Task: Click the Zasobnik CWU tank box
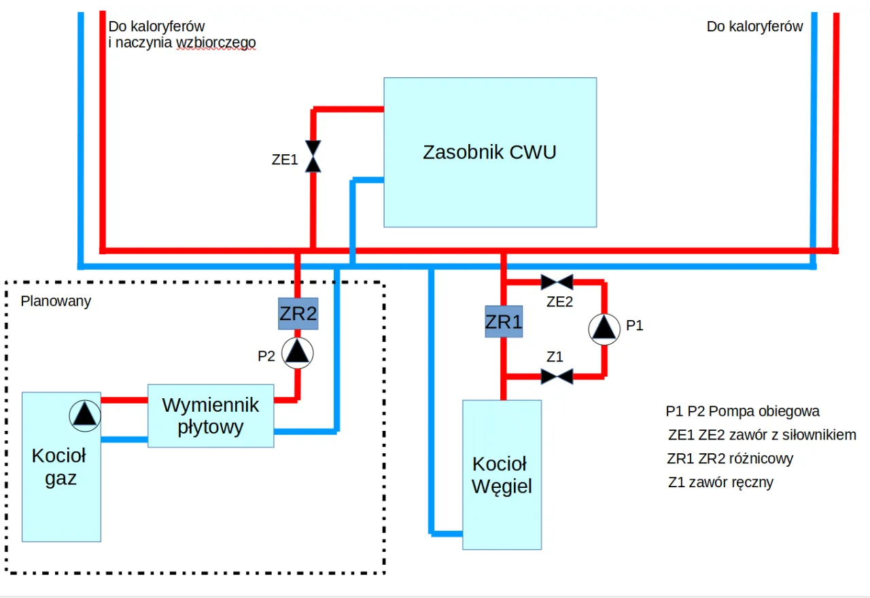tap(490, 152)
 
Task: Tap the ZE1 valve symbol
tap(313, 156)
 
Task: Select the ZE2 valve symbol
tap(557, 281)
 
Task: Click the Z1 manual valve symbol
tap(557, 376)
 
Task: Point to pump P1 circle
tap(604, 328)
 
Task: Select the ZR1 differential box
tap(504, 322)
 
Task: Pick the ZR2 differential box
tap(298, 314)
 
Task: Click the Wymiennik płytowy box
tap(211, 416)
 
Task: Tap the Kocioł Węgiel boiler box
tap(502, 474)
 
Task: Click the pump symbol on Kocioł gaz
tap(85, 414)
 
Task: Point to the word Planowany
tap(56, 301)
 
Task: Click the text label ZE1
tap(285, 160)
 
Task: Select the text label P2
tap(266, 355)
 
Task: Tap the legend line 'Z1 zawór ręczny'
tap(720, 482)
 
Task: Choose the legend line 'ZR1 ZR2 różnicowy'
tap(730, 459)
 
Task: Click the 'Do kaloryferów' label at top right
tap(754, 27)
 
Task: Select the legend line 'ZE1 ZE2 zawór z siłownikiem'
tap(762, 435)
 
